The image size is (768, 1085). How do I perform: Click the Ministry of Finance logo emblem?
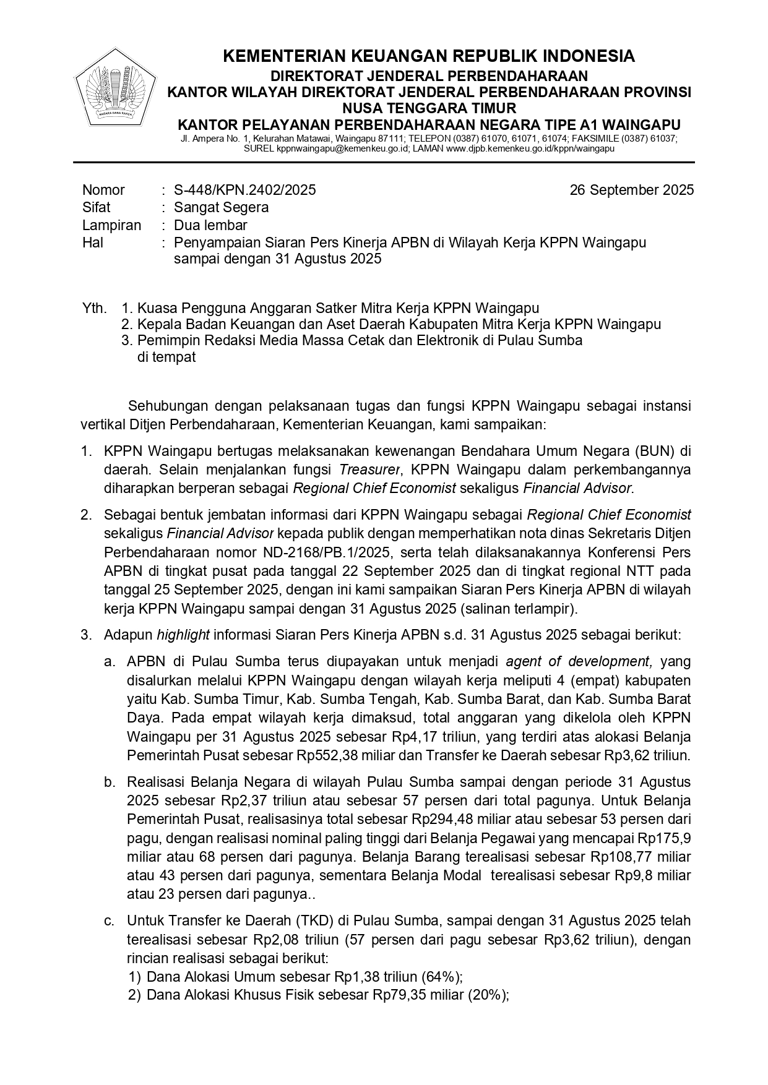(x=115, y=88)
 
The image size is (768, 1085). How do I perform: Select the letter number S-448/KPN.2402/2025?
(x=244, y=190)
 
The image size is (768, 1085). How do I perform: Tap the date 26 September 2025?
(x=631, y=190)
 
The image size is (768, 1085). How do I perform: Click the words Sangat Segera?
(x=221, y=207)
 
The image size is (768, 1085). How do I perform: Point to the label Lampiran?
(x=111, y=225)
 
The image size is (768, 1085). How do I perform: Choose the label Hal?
(x=93, y=242)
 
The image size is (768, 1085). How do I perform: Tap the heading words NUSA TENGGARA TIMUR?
(x=428, y=108)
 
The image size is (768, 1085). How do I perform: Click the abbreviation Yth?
(x=94, y=308)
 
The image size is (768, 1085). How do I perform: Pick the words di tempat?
(x=166, y=357)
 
